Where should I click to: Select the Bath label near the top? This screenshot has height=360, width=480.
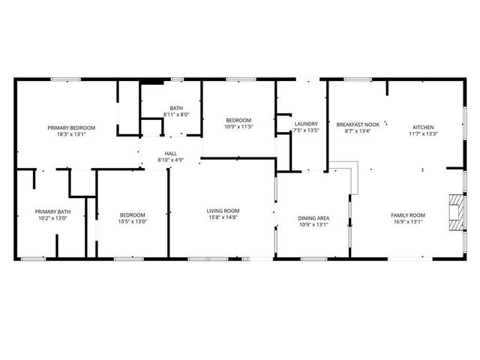[176, 107]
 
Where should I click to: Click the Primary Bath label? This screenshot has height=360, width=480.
[52, 211]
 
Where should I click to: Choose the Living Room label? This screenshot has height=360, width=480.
[223, 211]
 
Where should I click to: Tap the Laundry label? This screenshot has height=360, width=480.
[306, 124]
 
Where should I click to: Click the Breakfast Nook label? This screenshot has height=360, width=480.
[358, 124]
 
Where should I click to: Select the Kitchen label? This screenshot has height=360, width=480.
[423, 127]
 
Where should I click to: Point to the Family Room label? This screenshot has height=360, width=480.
[408, 215]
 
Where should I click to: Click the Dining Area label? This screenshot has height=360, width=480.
[314, 218]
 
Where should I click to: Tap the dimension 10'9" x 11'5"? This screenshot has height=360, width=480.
[238, 127]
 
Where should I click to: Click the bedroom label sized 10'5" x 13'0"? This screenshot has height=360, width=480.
[132, 214]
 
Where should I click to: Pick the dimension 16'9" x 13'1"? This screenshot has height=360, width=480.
[408, 222]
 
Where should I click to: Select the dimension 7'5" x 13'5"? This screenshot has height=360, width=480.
[306, 130]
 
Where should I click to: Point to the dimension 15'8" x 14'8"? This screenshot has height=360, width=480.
[223, 218]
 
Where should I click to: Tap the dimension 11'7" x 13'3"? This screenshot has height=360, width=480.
[423, 135]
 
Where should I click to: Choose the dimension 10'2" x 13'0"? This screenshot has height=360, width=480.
[52, 219]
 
